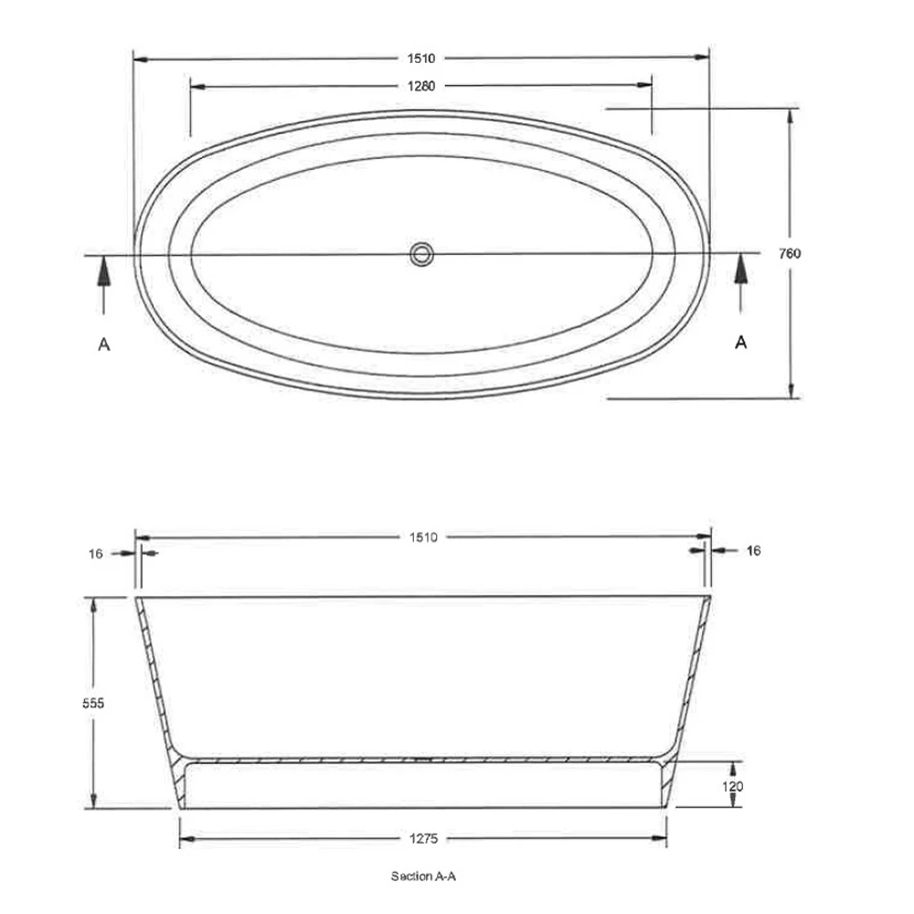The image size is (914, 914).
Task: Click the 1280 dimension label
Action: [420, 86]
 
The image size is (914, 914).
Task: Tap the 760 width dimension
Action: [790, 253]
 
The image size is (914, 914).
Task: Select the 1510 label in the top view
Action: [420, 58]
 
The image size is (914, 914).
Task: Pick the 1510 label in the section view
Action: [423, 537]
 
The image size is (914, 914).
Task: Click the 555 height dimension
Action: [93, 704]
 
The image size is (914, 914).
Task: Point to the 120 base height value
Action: [733, 787]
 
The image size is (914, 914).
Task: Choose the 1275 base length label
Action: [423, 839]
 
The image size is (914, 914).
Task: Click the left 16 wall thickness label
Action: [96, 554]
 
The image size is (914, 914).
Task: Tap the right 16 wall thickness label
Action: [754, 551]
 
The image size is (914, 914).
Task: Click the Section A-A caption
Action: [423, 877]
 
